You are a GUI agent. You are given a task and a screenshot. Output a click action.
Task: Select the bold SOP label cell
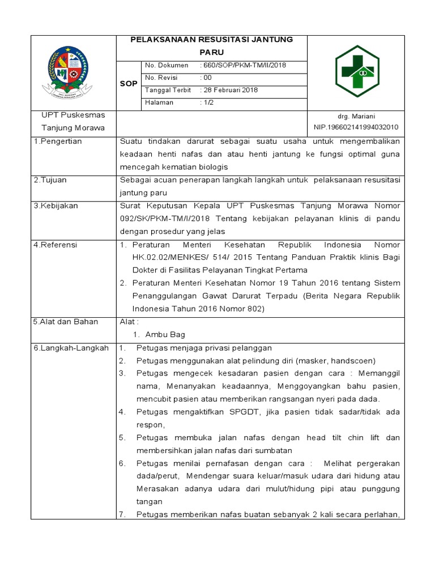click(129, 84)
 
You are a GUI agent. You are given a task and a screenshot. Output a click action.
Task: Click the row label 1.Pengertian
click(58, 141)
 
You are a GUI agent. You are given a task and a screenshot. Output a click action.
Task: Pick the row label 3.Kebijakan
click(56, 206)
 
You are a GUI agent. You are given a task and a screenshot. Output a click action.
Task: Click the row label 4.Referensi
click(55, 245)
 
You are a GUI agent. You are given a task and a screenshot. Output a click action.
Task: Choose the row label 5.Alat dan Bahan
click(66, 322)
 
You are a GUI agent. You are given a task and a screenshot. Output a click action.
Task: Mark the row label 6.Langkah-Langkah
click(71, 348)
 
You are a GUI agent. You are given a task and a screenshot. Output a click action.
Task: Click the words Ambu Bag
click(161, 335)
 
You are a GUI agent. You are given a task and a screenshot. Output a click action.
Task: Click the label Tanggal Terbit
click(168, 90)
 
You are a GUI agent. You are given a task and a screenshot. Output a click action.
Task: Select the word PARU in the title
click(212, 52)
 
